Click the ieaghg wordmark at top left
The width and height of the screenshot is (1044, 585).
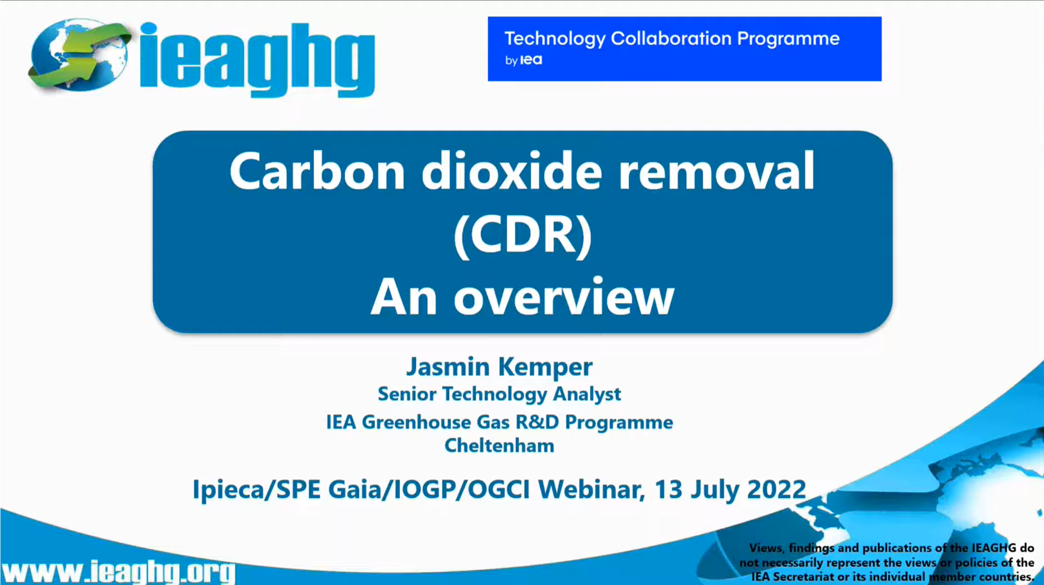(257, 60)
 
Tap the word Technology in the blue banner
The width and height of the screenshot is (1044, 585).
(555, 39)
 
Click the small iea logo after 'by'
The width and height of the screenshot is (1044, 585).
(531, 60)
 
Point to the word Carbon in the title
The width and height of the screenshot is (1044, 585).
(317, 171)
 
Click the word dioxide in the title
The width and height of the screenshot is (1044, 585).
(512, 171)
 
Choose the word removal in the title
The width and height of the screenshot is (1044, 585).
(717, 171)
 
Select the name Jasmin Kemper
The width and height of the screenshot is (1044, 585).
(499, 367)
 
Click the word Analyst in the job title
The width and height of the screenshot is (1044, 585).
(587, 394)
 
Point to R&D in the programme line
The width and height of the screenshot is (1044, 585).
(537, 422)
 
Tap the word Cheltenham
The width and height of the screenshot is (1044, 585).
(499, 445)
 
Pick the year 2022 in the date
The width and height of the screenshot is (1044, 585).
(776, 489)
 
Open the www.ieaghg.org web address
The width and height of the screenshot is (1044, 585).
(118, 572)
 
